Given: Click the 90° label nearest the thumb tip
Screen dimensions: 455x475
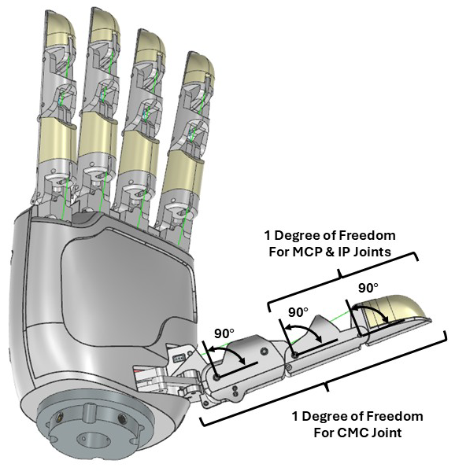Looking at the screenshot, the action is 368,288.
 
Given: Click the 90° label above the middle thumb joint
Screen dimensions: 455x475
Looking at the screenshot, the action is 298,312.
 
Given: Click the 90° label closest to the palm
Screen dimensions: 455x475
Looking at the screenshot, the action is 224,333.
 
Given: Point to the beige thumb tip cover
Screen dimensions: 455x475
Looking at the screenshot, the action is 394,312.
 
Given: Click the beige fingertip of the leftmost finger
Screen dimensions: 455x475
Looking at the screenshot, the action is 60,28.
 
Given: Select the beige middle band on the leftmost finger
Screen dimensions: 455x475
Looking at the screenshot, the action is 57,139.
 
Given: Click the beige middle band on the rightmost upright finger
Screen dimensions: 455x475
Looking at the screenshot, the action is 183,172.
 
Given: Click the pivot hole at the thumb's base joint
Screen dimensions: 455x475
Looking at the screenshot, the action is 216,377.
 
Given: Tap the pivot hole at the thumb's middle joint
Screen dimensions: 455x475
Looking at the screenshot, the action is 294,355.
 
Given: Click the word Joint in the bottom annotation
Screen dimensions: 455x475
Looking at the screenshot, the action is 387,433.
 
